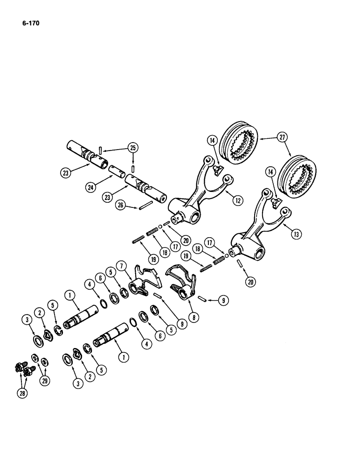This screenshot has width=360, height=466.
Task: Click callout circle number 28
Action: (23, 393)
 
